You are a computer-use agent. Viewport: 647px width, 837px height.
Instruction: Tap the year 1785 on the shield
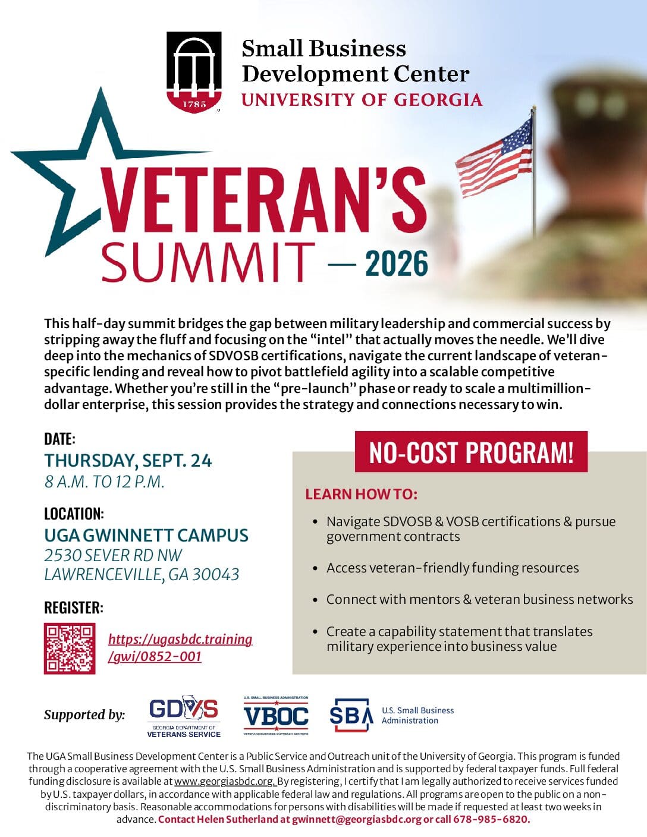[194, 105]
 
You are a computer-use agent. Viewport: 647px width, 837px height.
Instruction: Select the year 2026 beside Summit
[397, 263]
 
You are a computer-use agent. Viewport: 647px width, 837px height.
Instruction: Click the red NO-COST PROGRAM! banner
[471, 451]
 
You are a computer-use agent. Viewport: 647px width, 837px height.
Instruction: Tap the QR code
[70, 649]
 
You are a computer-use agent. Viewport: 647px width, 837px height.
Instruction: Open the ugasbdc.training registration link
[180, 647]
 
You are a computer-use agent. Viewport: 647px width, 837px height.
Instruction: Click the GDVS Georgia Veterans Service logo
[184, 716]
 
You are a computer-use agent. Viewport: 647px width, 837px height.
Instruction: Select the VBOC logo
[276, 716]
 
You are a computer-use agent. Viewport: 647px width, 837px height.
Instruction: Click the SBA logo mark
[351, 715]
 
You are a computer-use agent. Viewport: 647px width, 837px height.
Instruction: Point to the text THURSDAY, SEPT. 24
[128, 461]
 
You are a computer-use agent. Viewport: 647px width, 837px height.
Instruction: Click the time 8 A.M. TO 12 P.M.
[105, 482]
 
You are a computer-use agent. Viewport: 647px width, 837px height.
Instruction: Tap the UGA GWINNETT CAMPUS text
[146, 535]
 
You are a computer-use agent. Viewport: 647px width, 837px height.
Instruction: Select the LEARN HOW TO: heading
[362, 494]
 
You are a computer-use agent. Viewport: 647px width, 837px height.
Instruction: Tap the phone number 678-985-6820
[491, 819]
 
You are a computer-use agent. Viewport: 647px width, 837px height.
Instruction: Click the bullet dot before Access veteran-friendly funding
[315, 568]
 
